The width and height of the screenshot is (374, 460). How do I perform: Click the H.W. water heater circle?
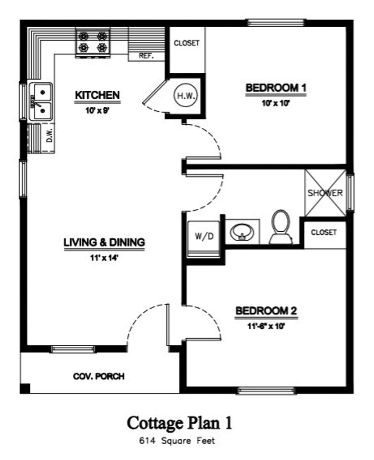click(185, 96)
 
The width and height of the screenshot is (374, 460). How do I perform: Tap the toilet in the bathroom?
click(281, 227)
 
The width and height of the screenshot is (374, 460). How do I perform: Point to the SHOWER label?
click(325, 193)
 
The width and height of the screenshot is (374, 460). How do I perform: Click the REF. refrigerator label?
click(146, 56)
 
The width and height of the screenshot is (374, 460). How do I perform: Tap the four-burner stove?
click(93, 41)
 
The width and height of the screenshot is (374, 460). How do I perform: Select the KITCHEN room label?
click(97, 95)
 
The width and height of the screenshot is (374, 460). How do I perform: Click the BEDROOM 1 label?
click(276, 88)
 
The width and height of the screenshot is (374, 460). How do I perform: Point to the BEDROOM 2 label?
click(266, 311)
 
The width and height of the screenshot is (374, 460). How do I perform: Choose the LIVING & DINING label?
click(104, 242)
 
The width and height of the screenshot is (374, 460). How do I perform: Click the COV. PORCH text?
click(99, 377)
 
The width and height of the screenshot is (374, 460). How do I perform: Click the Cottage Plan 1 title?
click(180, 423)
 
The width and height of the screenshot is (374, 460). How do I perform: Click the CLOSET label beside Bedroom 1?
click(187, 43)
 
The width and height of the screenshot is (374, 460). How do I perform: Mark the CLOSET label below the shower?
click(324, 233)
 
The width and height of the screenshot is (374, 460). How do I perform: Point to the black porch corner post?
click(25, 388)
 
